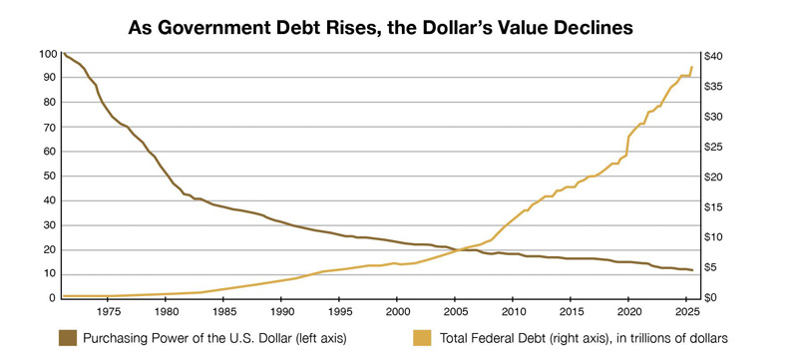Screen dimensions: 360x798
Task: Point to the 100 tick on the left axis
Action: (48, 54)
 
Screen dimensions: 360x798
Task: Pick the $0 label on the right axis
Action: (710, 298)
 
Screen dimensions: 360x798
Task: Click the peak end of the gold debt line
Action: (692, 67)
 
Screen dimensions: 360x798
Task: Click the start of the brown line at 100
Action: (63, 54)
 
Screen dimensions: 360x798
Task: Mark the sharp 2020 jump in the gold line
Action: (627, 146)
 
